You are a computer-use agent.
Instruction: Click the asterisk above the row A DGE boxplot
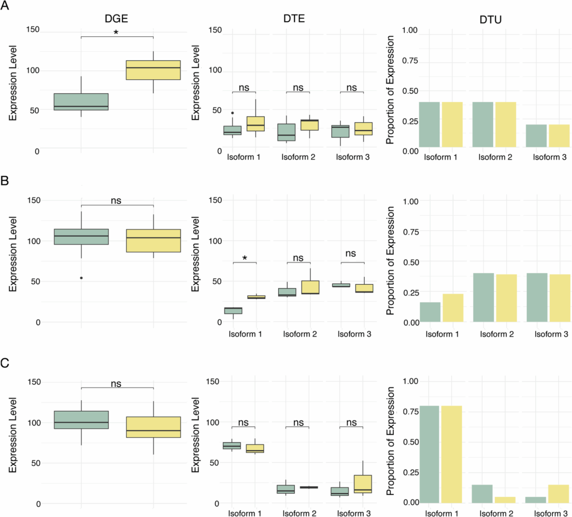click(116, 33)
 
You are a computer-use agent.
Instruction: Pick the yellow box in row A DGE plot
click(152, 70)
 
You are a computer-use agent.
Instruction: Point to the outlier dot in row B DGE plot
click(82, 277)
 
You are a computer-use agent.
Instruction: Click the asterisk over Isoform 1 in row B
click(245, 258)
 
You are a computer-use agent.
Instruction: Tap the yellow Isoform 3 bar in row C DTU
click(558, 494)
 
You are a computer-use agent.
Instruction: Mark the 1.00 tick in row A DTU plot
click(400, 30)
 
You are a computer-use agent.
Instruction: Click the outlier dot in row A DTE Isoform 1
click(232, 113)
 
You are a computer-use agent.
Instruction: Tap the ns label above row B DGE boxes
click(116, 200)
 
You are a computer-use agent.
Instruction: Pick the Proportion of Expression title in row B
click(391, 260)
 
